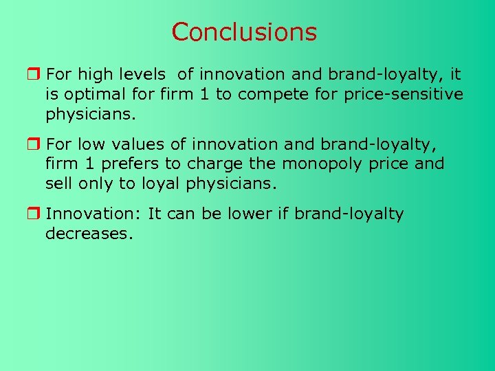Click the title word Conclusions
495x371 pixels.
244,32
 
